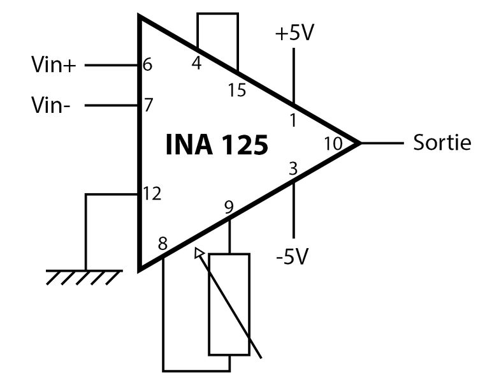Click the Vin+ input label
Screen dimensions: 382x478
pos(53,64)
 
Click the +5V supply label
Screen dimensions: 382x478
pos(294,33)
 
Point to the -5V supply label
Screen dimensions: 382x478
pos(293,256)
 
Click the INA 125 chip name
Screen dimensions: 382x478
pos(217,145)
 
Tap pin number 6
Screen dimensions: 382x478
pos(148,65)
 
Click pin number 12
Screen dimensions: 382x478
pos(152,193)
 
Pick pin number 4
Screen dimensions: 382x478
pos(196,64)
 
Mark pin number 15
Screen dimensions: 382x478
pos(236,91)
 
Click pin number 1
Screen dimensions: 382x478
pos(293,120)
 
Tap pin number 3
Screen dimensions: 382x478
pos(293,170)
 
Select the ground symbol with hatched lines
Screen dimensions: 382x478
pos(84,276)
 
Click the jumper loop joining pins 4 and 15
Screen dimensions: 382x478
pos(217,14)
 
